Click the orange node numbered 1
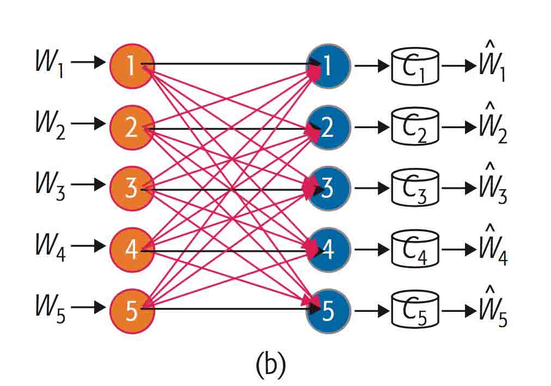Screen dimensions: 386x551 [x=132, y=65]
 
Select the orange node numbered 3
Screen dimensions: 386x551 [x=132, y=189]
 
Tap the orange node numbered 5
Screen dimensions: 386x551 [x=132, y=310]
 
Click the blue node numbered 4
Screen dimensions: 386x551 [x=329, y=250]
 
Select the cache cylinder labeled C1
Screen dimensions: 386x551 [x=415, y=67]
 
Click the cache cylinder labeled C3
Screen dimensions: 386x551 [x=415, y=190]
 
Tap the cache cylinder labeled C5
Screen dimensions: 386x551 [x=415, y=312]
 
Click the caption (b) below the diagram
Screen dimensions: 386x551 [x=270, y=365]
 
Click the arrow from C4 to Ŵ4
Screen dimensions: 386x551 [x=458, y=251]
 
